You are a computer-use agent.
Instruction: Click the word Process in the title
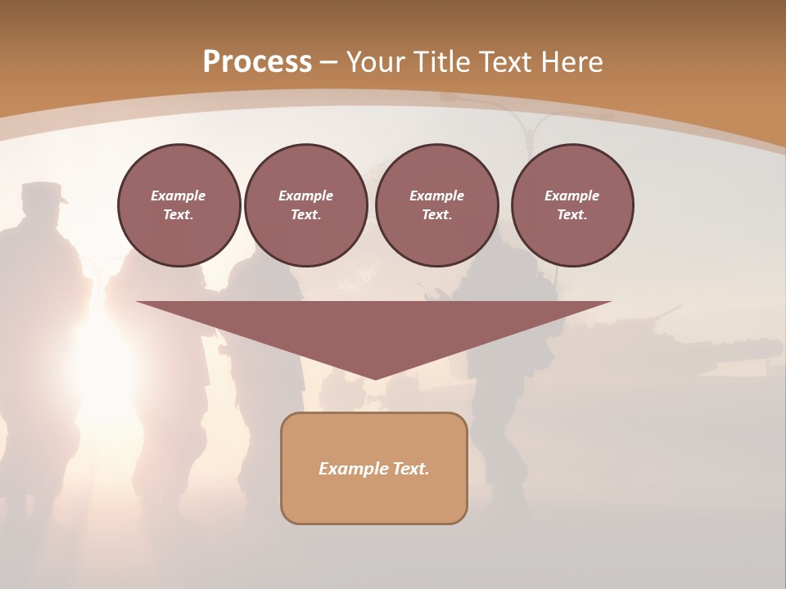[x=257, y=61]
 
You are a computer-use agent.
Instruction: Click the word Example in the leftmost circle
[x=178, y=196]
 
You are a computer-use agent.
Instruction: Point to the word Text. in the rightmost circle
[x=571, y=214]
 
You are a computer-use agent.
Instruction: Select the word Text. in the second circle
[x=305, y=214]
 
